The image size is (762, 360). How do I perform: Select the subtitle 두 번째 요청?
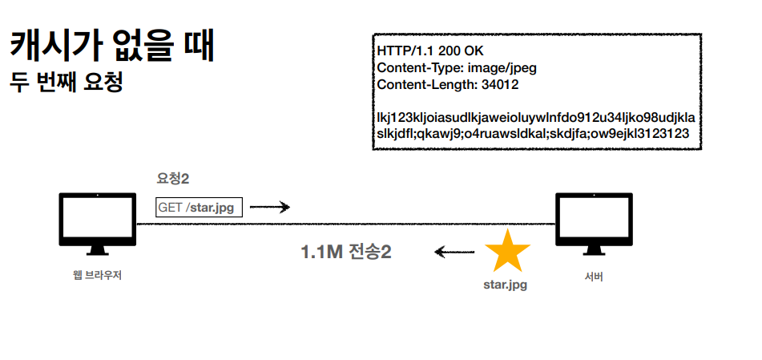[x=66, y=83]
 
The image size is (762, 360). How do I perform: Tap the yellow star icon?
[x=507, y=251]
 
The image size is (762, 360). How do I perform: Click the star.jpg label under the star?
[x=505, y=284]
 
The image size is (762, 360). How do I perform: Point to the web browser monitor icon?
[x=98, y=221]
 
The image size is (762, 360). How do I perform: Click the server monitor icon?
[x=595, y=221]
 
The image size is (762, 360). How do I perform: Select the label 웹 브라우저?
[x=97, y=275]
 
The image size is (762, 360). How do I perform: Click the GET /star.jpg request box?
[x=199, y=208]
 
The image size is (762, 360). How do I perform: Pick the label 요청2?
[x=173, y=179]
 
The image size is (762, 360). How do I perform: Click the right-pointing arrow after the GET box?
[x=269, y=207]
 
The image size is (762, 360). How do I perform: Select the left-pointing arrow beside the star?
[x=454, y=253]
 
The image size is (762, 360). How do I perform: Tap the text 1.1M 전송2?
[x=346, y=253]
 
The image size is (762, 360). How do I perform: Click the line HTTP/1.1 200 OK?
[x=430, y=51]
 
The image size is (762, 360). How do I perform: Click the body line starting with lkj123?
[x=535, y=118]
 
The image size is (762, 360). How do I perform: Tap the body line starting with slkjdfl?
[x=532, y=134]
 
